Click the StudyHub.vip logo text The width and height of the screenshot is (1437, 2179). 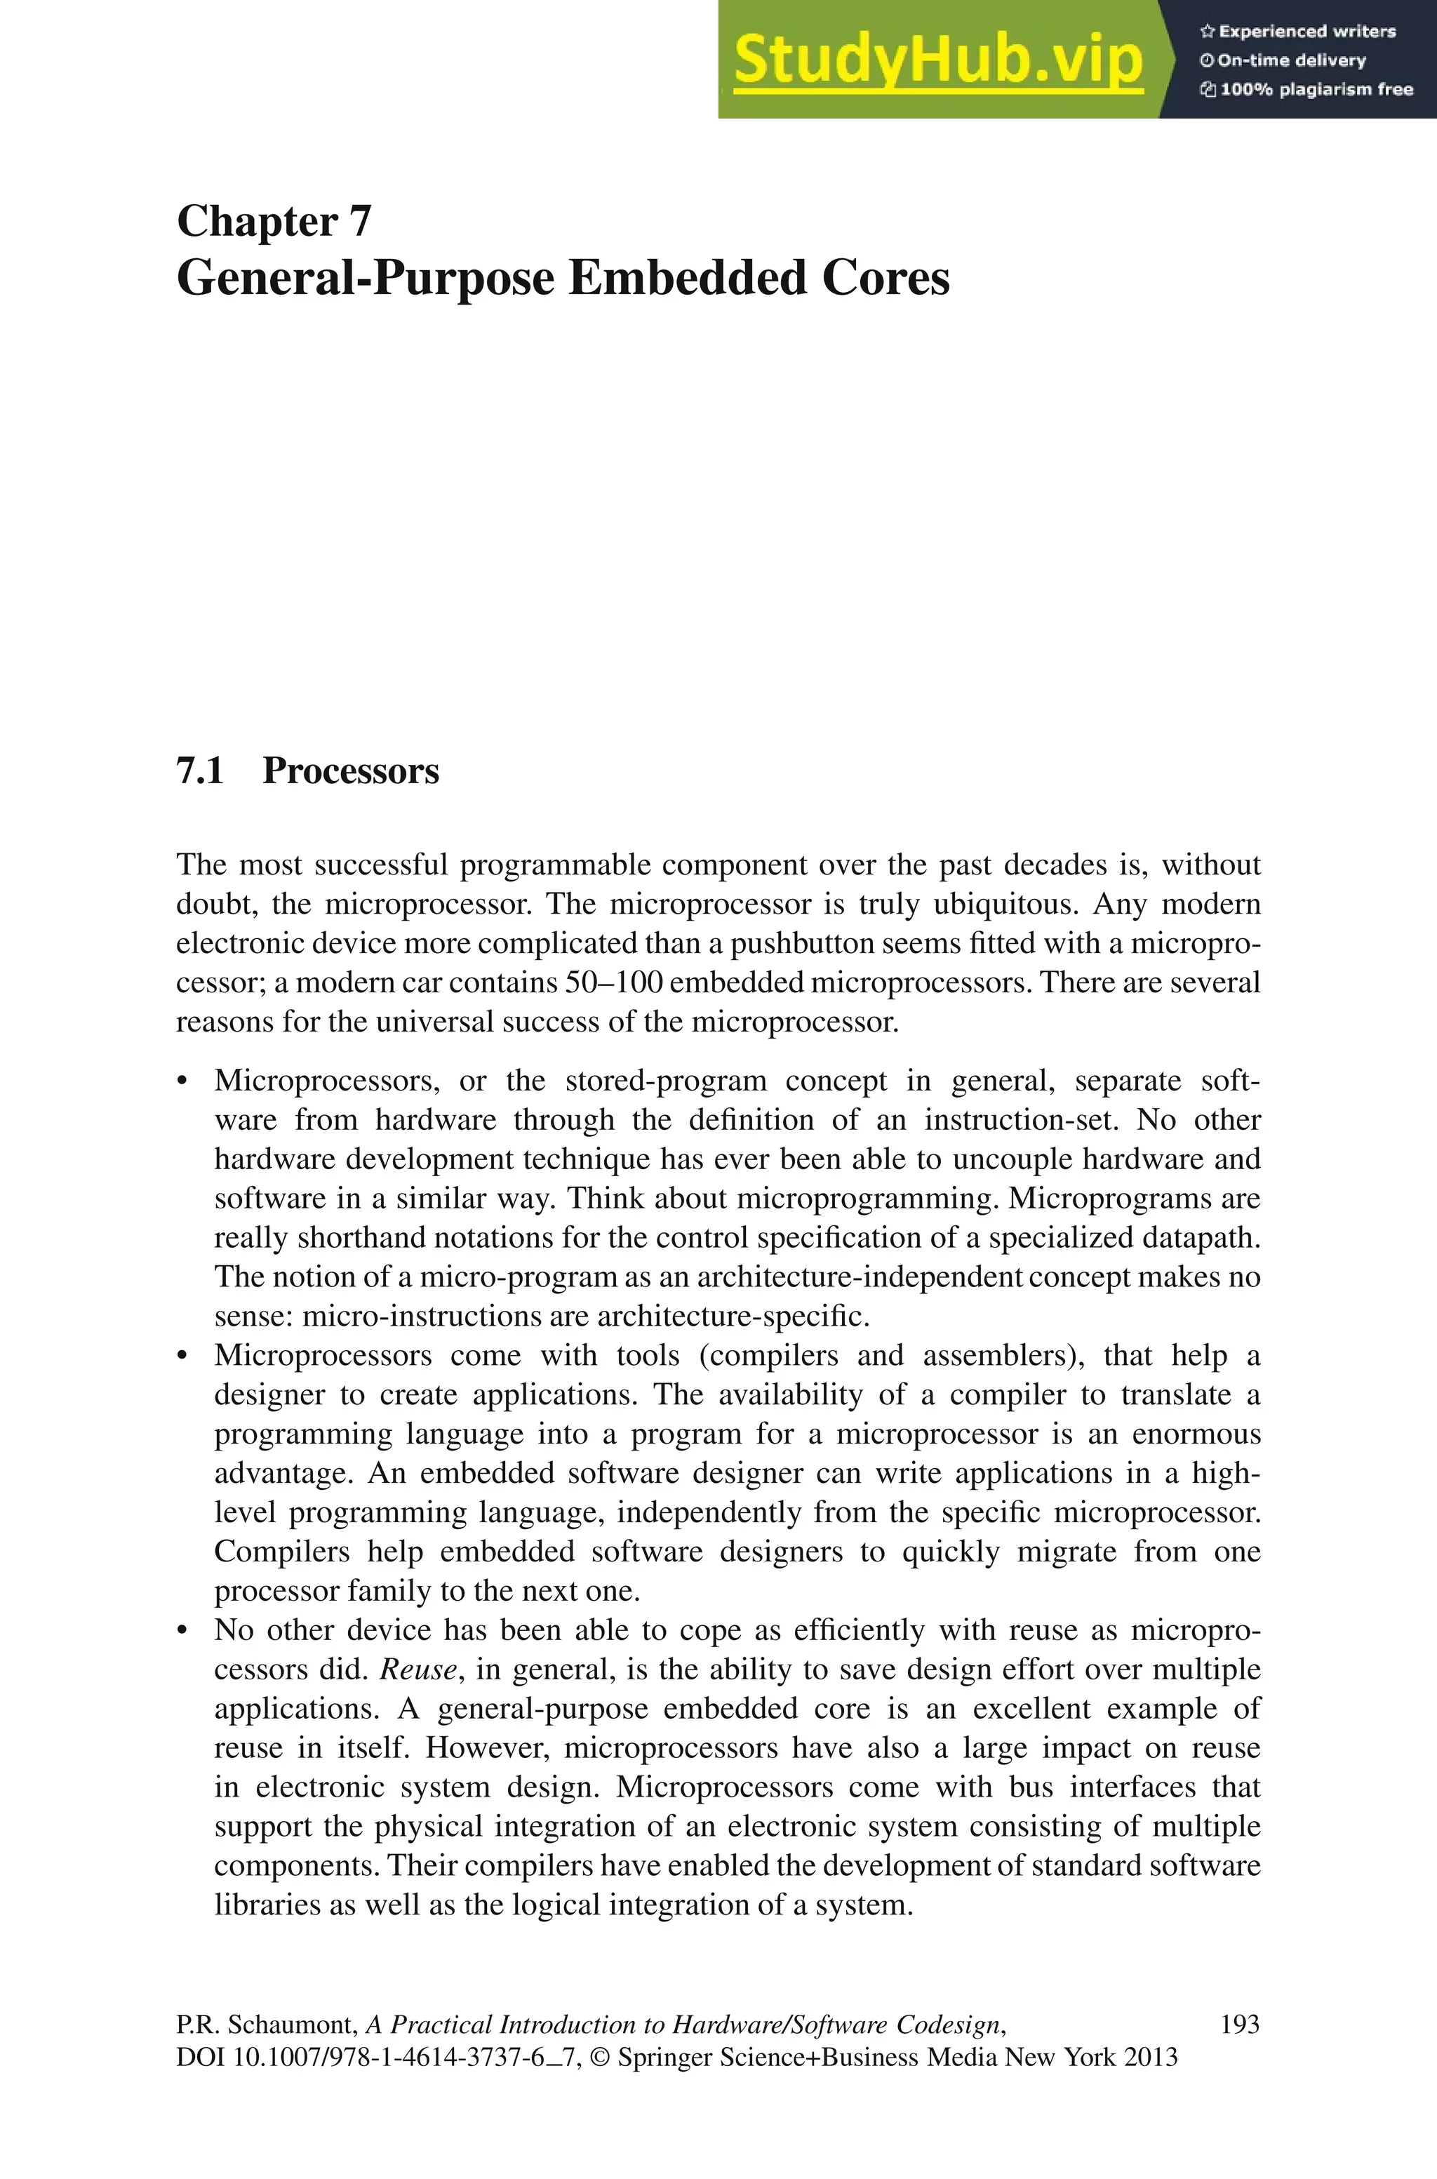point(937,60)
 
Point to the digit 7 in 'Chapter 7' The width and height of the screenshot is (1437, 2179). point(359,222)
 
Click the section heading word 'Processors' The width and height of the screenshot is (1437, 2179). point(351,771)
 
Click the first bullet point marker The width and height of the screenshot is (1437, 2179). point(183,1082)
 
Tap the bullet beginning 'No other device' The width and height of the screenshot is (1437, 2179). point(183,1632)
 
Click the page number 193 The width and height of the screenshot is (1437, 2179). point(1240,2024)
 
